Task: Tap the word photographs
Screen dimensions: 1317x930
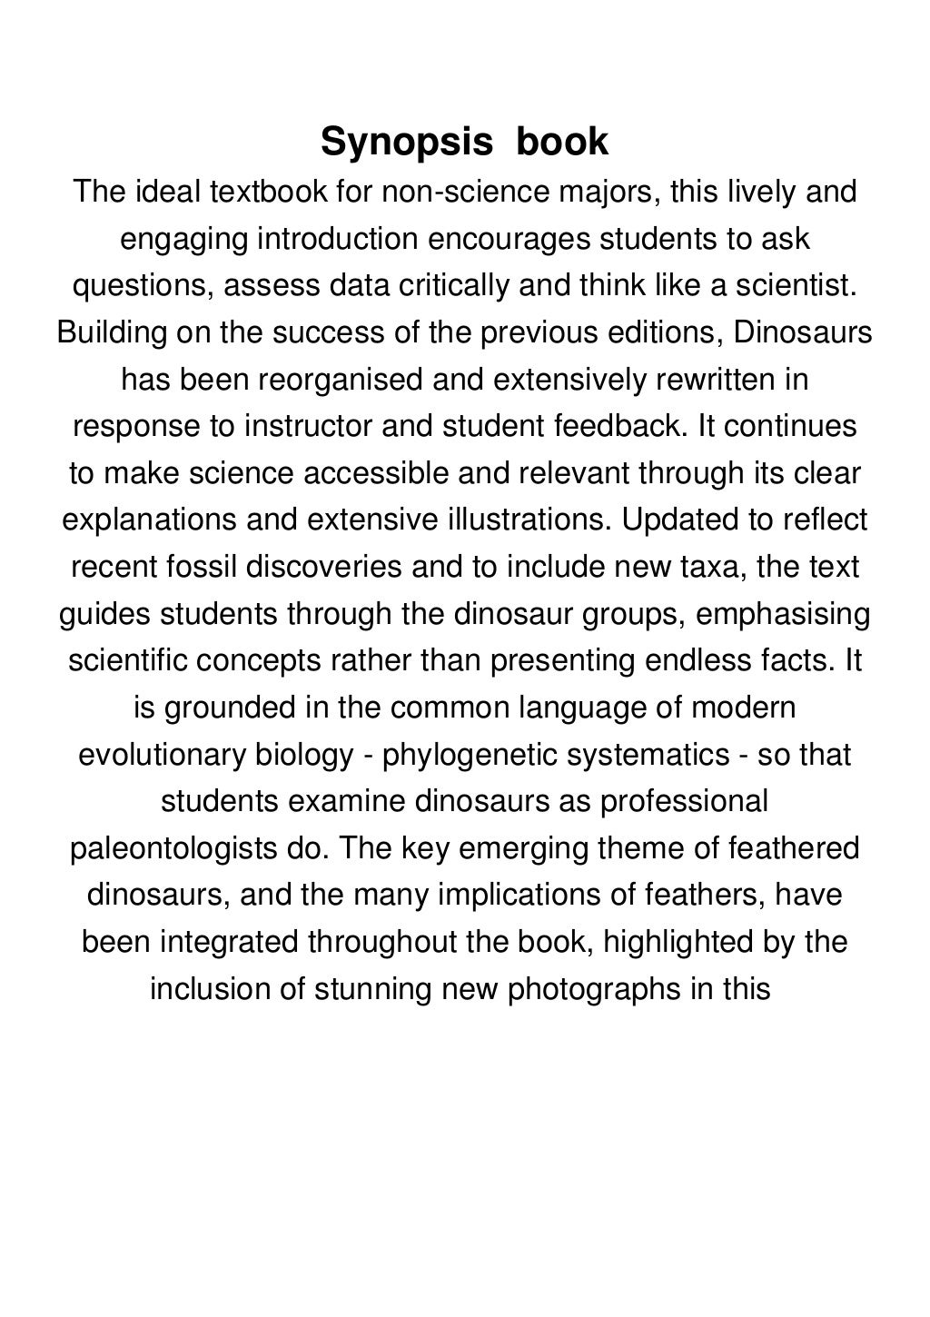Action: tap(594, 988)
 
